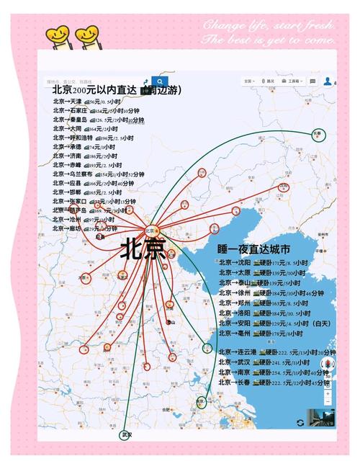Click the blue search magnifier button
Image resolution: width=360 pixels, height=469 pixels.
(160, 81)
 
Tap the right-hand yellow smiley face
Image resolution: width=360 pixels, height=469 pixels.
(86, 33)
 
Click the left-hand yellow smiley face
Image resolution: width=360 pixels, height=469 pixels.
(57, 33)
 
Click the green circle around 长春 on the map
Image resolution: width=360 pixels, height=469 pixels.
(318, 135)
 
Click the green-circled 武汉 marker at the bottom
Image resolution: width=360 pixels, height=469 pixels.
(127, 435)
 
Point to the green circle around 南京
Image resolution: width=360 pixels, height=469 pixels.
(201, 401)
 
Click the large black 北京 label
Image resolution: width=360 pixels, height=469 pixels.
(143, 249)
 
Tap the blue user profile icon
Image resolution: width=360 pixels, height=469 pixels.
(328, 81)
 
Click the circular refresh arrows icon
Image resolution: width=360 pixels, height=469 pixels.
(300, 422)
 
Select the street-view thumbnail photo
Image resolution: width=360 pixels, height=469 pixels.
(320, 418)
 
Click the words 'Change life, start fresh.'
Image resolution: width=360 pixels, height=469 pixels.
(269, 25)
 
